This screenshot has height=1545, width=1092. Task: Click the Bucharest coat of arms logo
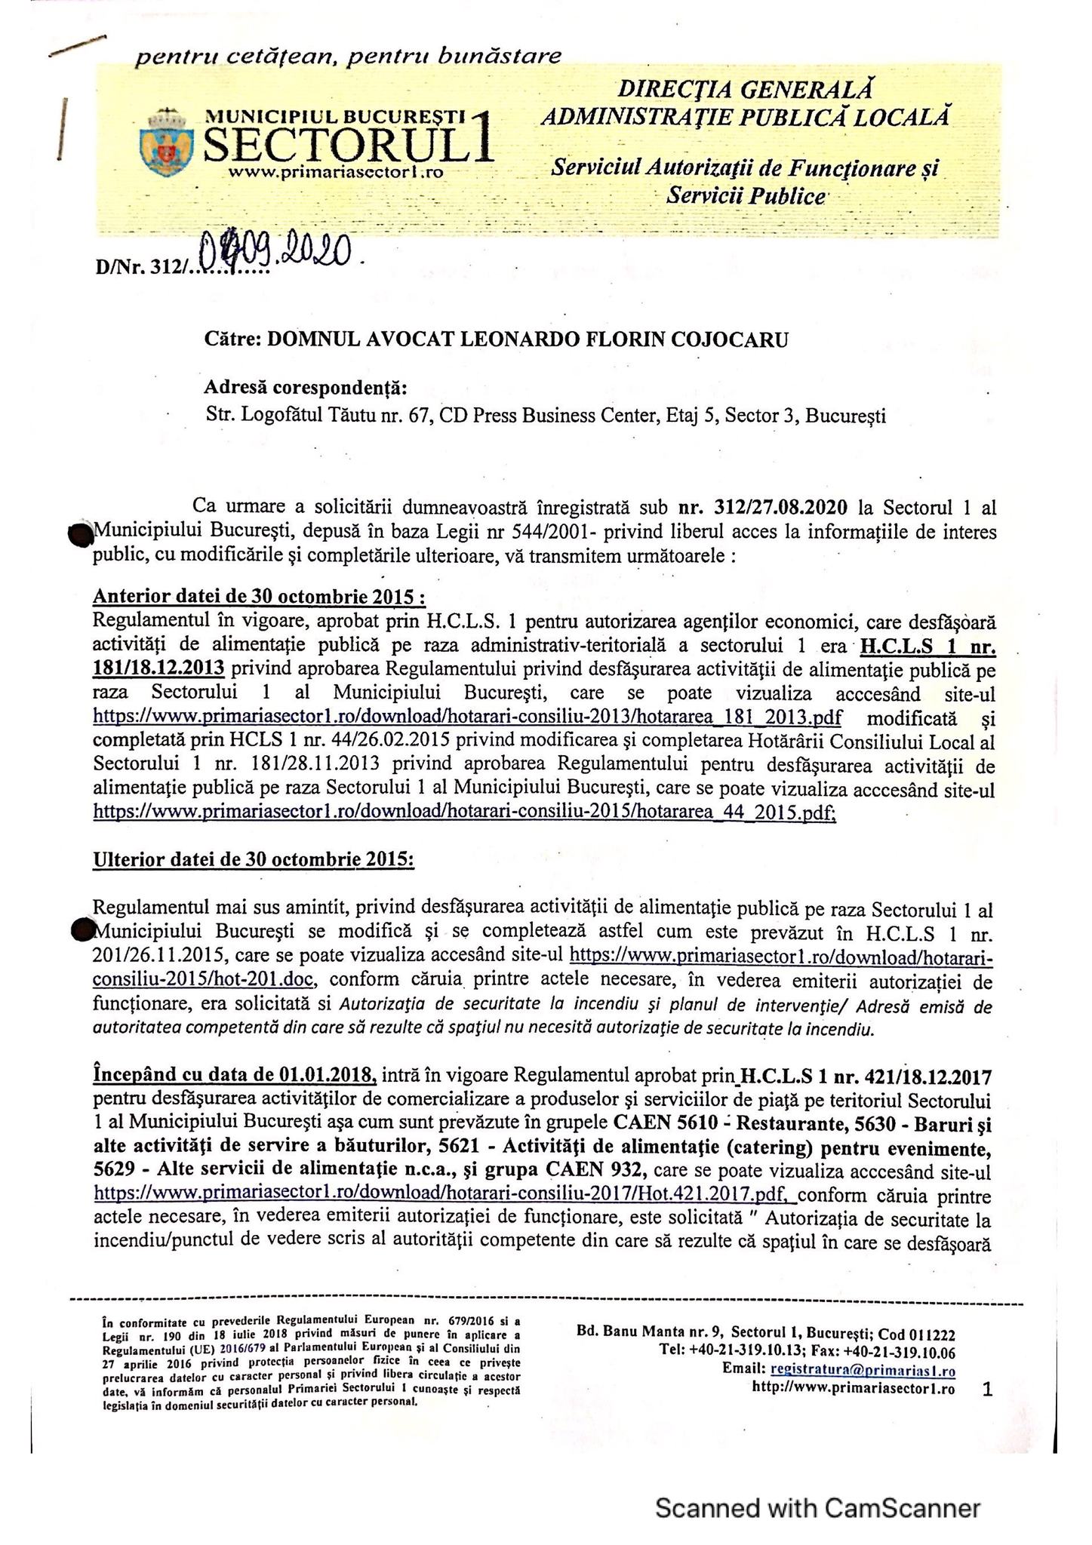click(x=166, y=142)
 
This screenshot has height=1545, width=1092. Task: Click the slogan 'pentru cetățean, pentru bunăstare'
click(x=348, y=56)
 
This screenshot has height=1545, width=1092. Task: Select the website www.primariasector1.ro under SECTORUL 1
click(x=334, y=173)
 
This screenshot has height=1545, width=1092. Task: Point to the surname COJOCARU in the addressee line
click(x=724, y=339)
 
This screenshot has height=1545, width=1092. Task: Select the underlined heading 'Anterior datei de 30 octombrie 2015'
click(x=258, y=597)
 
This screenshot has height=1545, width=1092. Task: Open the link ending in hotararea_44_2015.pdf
click(x=464, y=812)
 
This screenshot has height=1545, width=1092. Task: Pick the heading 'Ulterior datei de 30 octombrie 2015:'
click(x=253, y=860)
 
